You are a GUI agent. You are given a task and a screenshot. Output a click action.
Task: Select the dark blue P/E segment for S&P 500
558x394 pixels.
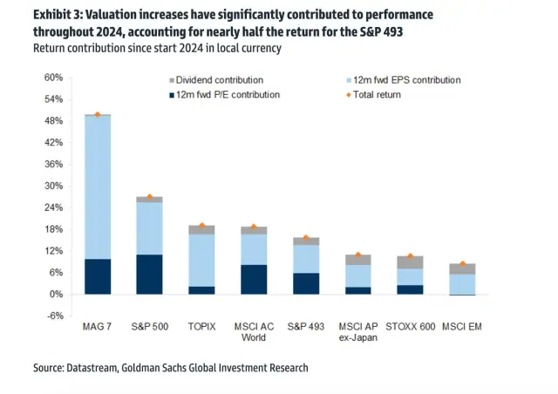pos(149,275)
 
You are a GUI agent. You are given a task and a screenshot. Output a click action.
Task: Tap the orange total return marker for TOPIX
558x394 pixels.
pos(201,226)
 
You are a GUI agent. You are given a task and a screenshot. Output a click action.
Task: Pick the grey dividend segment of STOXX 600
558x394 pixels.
pos(410,262)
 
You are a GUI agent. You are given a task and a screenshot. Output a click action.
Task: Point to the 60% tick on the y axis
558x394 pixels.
pos(51,78)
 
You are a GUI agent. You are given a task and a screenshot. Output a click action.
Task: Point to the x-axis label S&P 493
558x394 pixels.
pos(305,326)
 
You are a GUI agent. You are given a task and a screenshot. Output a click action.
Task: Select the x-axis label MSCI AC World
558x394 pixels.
pos(254,331)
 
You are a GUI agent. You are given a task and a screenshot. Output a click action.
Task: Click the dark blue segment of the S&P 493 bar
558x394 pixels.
pos(306,283)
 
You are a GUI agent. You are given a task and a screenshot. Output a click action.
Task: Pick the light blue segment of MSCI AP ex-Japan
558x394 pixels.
pos(357,275)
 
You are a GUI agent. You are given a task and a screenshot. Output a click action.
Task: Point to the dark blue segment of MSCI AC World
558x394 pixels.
pos(254,279)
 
